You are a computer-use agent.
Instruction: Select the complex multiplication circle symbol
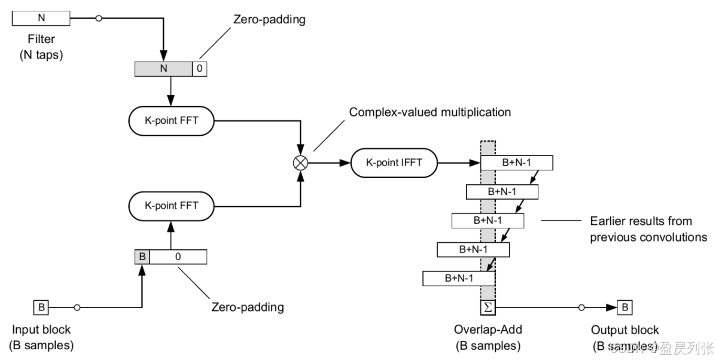point(299,161)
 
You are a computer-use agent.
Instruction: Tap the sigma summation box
point(488,308)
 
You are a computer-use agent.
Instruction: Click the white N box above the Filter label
point(41,18)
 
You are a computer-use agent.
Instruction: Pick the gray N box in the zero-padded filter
point(163,69)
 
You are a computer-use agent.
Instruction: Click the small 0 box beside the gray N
point(199,69)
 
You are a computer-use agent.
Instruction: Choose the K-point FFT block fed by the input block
point(172,205)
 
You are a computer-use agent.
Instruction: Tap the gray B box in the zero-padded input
point(142,257)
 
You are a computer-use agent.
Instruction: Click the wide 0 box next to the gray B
point(178,257)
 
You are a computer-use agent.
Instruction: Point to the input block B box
point(41,308)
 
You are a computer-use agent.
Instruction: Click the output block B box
point(624,308)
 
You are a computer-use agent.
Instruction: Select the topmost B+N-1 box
point(517,163)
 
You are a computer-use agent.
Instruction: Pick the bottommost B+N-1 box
point(459,278)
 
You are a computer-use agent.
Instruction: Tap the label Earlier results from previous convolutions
point(648,229)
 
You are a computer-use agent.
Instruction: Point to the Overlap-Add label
point(488,330)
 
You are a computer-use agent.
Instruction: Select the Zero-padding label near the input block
point(248,307)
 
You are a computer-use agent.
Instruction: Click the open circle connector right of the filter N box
point(99,19)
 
